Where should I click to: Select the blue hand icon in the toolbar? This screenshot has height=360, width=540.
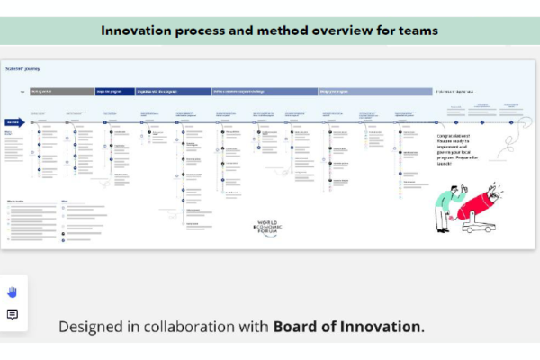pos(13,292)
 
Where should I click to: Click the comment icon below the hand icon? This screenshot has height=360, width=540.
pos(13,314)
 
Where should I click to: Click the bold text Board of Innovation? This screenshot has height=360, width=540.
pos(347,326)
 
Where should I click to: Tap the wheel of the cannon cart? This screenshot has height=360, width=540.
pos(469,229)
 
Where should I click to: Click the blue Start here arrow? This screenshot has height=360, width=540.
pos(13,121)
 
